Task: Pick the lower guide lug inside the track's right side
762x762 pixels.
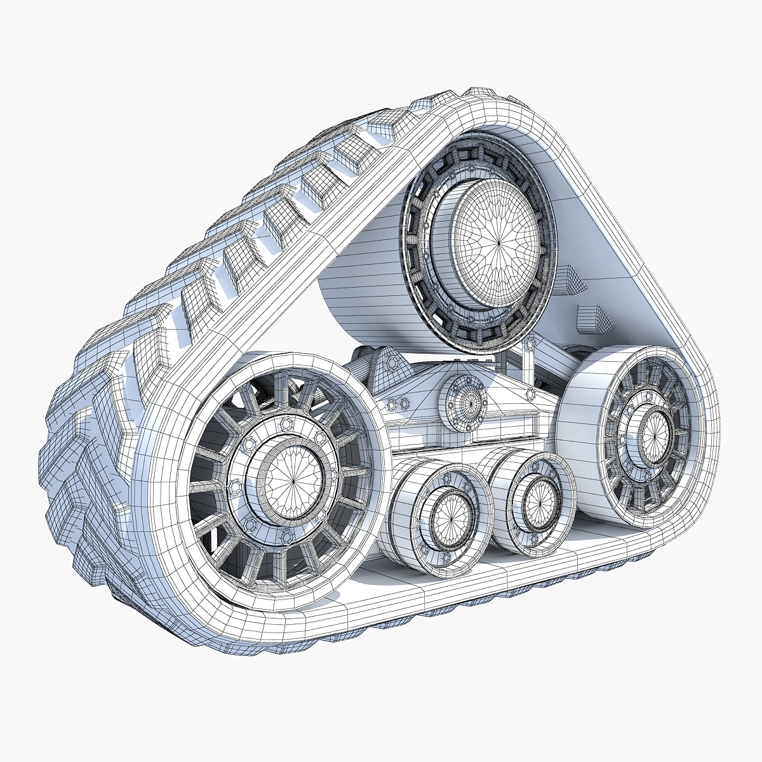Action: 594,317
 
